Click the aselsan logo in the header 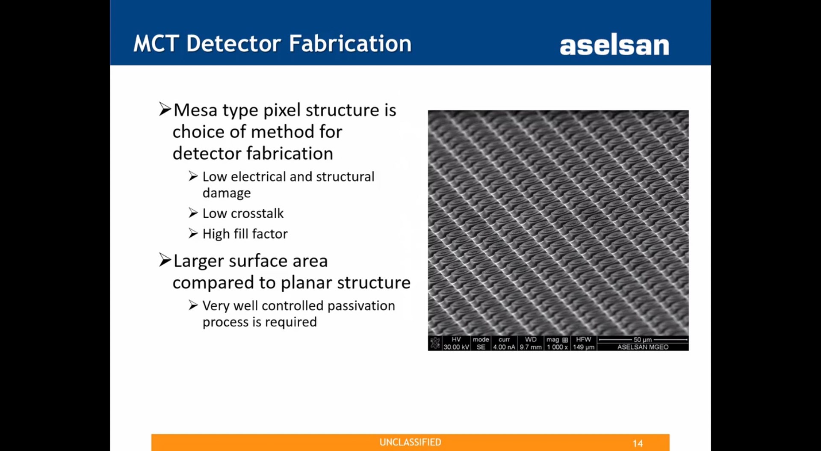(614, 45)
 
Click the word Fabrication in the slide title (350, 43)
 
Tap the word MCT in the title (156, 43)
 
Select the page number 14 (638, 443)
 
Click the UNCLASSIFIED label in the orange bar (410, 442)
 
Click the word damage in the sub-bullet (227, 193)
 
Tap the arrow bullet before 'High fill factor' (193, 233)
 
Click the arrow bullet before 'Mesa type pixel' (165, 109)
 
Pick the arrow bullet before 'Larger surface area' (165, 260)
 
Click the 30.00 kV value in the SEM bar (456, 347)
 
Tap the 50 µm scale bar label (642, 340)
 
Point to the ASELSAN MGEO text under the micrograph (643, 347)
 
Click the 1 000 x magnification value (557, 347)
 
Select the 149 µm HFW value (584, 347)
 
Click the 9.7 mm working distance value (531, 347)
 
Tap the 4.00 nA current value (504, 347)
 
